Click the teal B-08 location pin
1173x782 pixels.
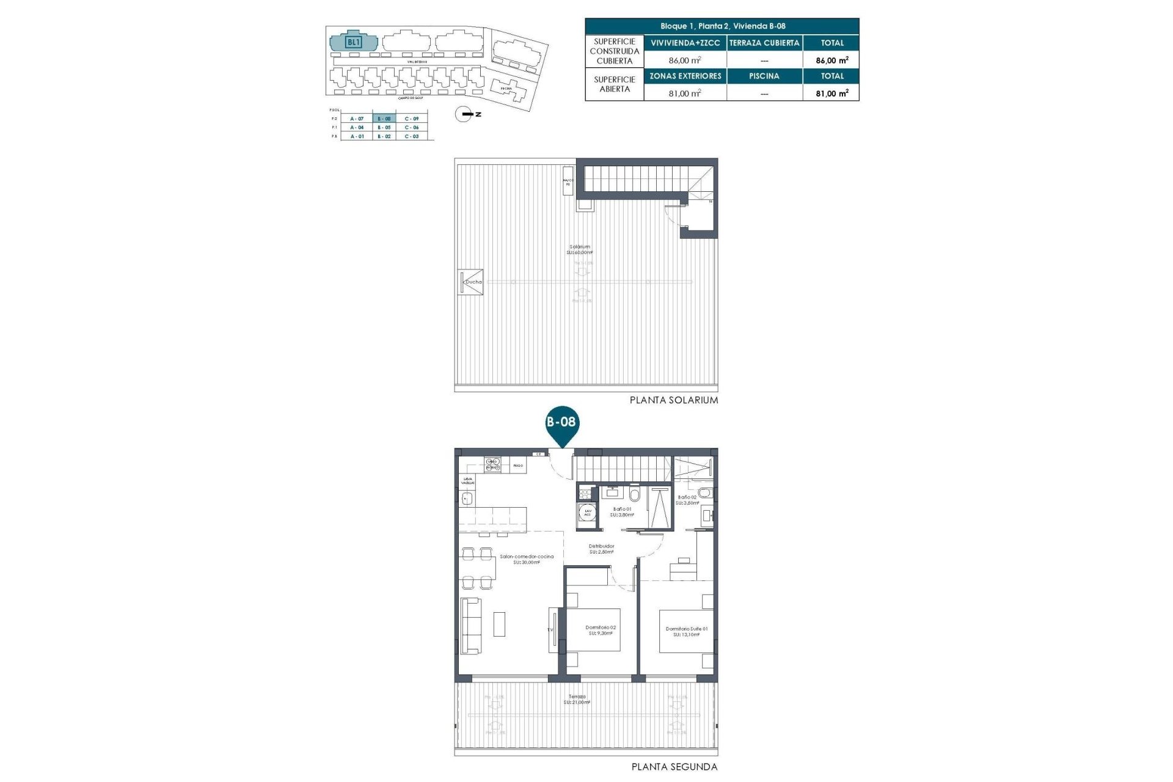click(x=561, y=424)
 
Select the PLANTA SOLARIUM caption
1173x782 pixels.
click(x=674, y=400)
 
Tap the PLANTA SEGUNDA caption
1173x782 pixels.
click(x=674, y=767)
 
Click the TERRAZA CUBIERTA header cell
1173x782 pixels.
click(x=764, y=43)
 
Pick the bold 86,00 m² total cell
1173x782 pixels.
click(x=831, y=60)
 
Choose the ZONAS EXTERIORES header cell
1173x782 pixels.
click(x=685, y=76)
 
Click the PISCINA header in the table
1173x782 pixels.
click(x=764, y=76)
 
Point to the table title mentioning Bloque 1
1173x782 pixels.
click(x=722, y=26)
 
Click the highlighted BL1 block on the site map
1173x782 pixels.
click(x=354, y=42)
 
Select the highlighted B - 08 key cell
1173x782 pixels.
click(x=384, y=119)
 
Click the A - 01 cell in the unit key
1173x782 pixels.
click(x=357, y=136)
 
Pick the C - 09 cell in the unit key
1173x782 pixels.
click(x=412, y=119)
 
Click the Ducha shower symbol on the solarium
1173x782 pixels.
click(x=472, y=282)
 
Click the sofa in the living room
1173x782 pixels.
click(x=470, y=625)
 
